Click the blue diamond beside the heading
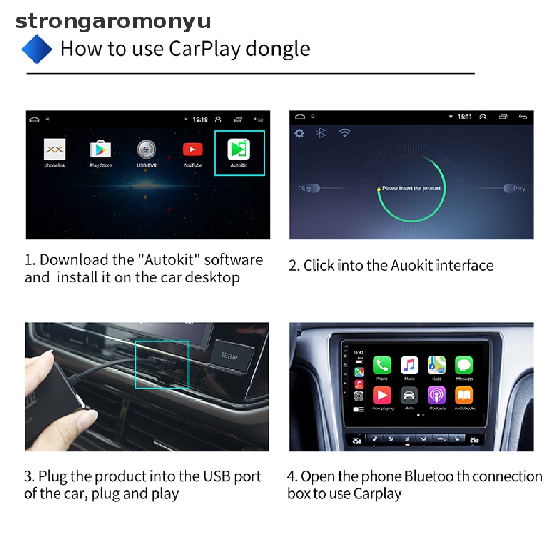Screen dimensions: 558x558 (x=37, y=49)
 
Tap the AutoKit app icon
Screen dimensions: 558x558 (x=239, y=149)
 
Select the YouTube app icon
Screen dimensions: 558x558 (x=192, y=149)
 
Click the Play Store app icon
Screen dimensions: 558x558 (x=100, y=149)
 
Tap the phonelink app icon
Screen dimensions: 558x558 (x=54, y=149)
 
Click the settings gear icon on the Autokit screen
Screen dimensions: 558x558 (x=299, y=133)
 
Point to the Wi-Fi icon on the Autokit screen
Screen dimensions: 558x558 (x=344, y=133)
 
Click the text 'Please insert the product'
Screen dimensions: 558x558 (x=411, y=189)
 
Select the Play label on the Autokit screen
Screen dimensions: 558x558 (x=519, y=189)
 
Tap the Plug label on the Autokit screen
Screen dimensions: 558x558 (x=304, y=189)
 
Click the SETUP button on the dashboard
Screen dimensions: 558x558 (x=229, y=355)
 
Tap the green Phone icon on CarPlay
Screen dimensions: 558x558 (x=382, y=365)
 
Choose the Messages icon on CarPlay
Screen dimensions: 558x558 (x=464, y=365)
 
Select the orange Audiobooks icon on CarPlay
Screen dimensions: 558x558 (x=464, y=395)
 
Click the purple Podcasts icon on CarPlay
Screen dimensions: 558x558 (x=437, y=395)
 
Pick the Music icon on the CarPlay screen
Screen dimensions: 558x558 (x=409, y=365)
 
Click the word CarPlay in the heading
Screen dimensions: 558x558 (x=204, y=49)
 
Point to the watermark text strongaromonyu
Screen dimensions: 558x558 (x=112, y=22)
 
